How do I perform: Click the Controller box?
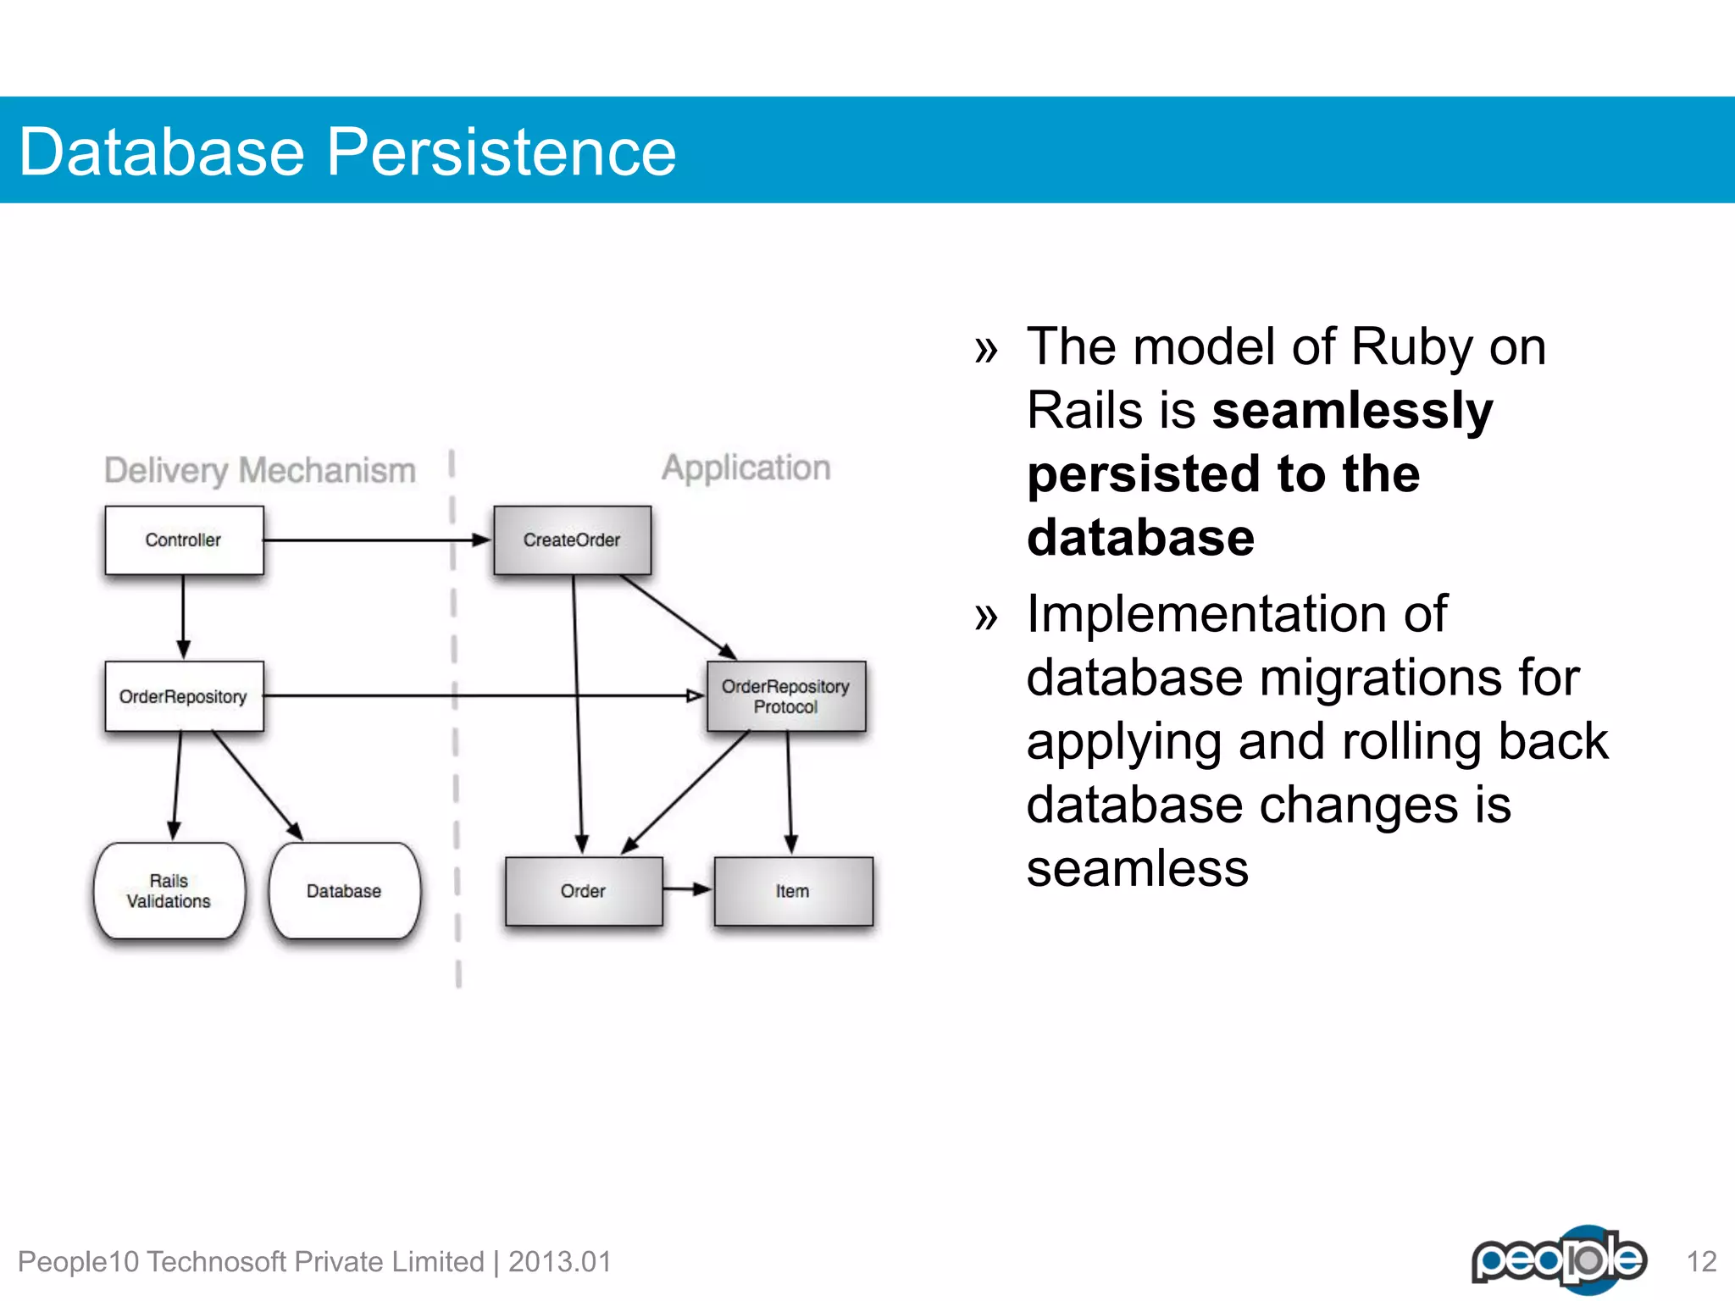click(184, 540)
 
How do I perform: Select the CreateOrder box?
click(572, 540)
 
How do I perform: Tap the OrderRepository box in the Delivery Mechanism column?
click(184, 696)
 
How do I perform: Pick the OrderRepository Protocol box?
click(785, 696)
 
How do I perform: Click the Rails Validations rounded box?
click(169, 891)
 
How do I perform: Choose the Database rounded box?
click(344, 891)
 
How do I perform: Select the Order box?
click(583, 891)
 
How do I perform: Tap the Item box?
click(793, 891)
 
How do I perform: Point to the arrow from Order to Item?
click(687, 889)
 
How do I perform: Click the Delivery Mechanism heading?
click(259, 470)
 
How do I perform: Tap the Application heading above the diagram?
click(746, 468)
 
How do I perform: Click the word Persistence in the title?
click(502, 152)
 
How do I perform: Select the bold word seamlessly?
click(1352, 411)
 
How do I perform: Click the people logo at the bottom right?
click(1559, 1259)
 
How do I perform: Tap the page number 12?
click(1701, 1262)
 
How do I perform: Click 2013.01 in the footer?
click(559, 1262)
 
